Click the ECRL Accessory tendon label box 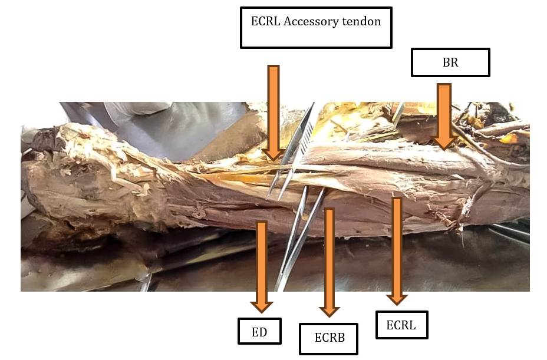pyautogui.click(x=316, y=28)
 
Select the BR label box pyautogui.click(x=450, y=62)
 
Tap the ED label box pyautogui.click(x=259, y=331)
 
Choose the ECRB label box pyautogui.click(x=329, y=339)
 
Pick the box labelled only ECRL pyautogui.click(x=401, y=325)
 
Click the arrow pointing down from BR pyautogui.click(x=444, y=117)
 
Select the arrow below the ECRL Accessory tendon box pyautogui.click(x=273, y=113)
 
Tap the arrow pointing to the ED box pyautogui.click(x=262, y=267)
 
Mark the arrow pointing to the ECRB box pyautogui.click(x=329, y=262)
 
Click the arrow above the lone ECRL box pyautogui.click(x=397, y=251)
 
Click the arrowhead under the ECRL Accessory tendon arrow pyautogui.click(x=273, y=160)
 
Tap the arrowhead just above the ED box pyautogui.click(x=262, y=312)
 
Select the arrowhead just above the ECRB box pyautogui.click(x=329, y=316)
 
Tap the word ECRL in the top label pyautogui.click(x=265, y=21)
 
